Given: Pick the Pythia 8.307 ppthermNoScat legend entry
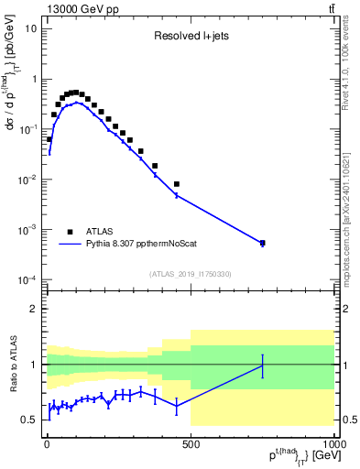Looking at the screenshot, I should coord(143,245).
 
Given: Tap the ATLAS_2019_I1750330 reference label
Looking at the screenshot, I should coord(190,274).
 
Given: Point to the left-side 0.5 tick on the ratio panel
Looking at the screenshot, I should coord(31,420).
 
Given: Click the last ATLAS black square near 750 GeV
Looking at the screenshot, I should coord(262,243).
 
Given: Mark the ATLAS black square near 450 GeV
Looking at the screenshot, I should coord(177,184).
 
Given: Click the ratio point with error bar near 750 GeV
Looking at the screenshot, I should coord(262,365).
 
